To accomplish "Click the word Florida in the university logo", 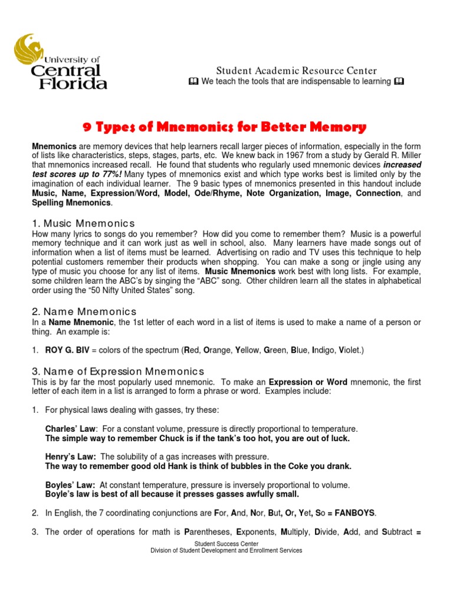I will [73, 83].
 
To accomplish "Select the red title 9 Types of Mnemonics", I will [223, 127].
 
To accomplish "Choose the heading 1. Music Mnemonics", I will [83, 223].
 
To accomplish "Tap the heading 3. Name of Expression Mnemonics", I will [117, 371].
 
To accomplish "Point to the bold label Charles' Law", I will [70, 429].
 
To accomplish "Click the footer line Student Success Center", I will [226, 544].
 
